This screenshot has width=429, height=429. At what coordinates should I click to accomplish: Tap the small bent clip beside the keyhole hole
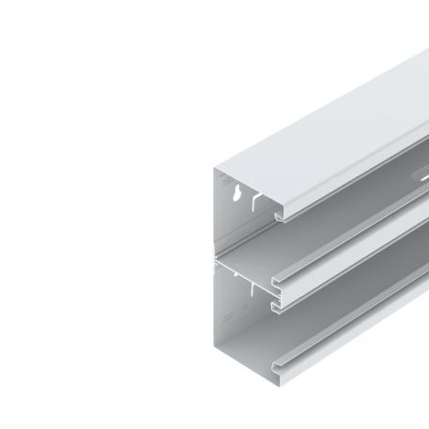pos(255,200)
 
